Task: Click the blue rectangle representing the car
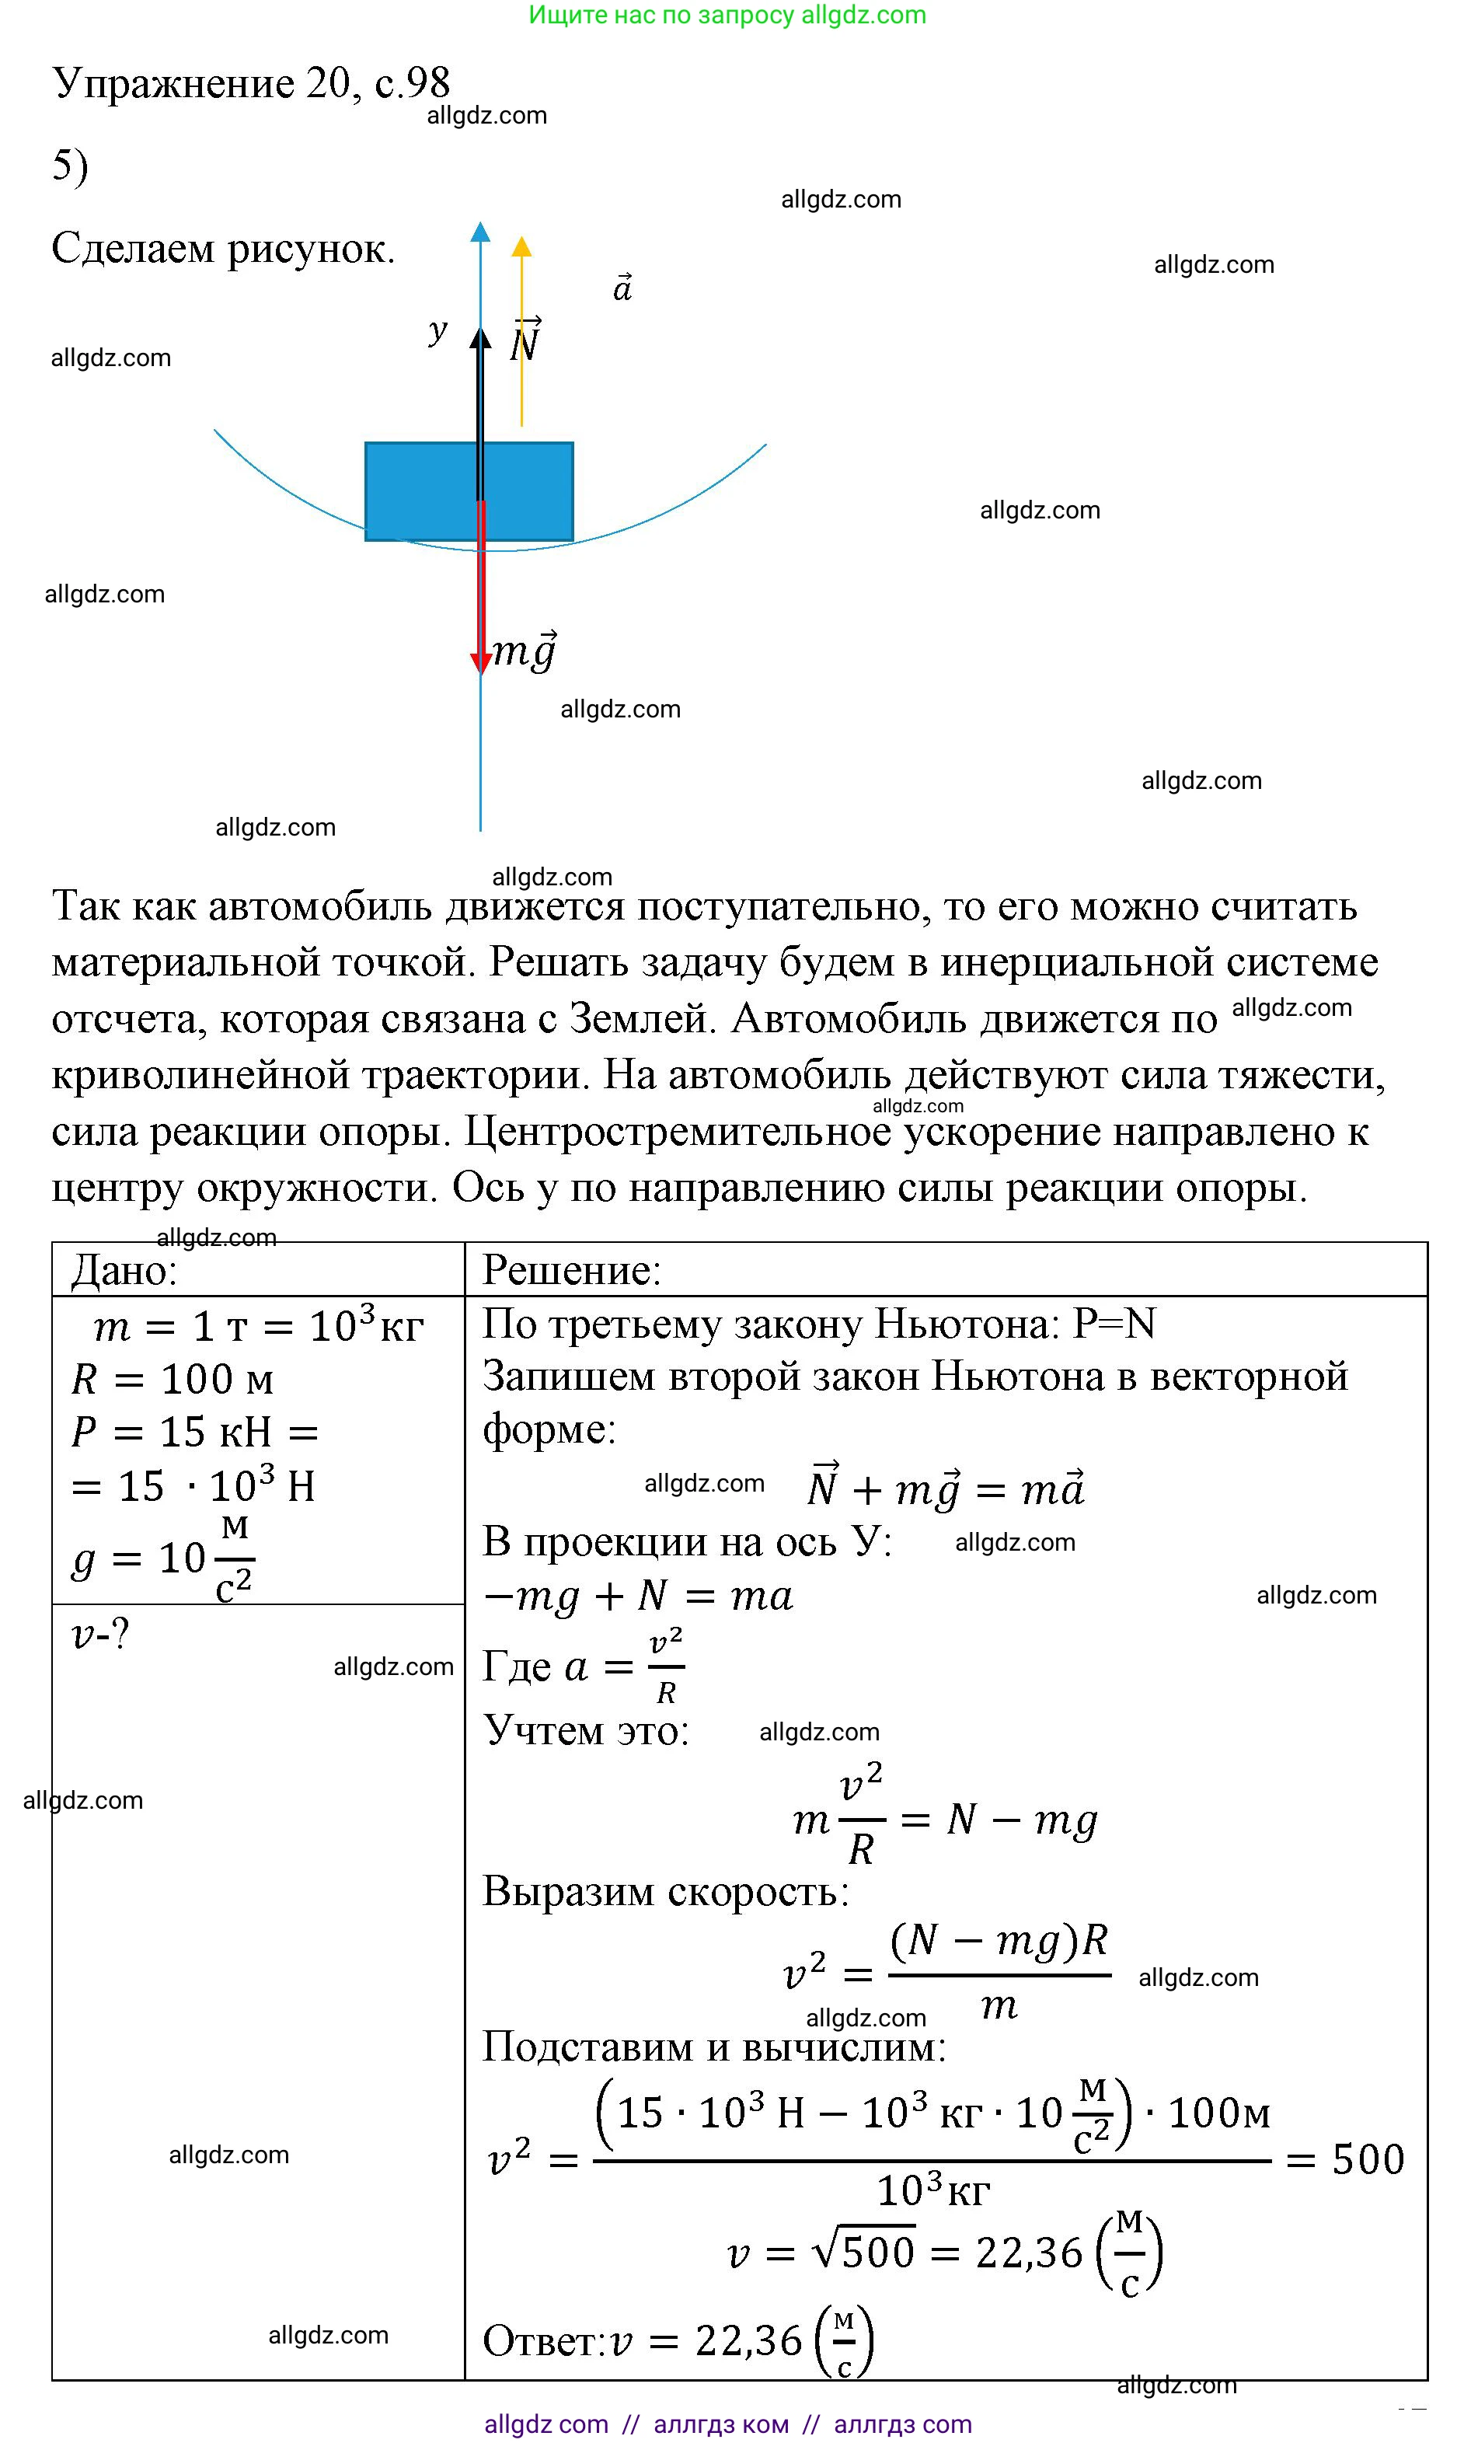[x=422, y=491]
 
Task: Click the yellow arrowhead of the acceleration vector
[x=521, y=246]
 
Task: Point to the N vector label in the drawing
[x=525, y=342]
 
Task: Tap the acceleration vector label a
[x=622, y=288]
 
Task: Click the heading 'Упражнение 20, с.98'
[x=250, y=82]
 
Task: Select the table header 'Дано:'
[x=124, y=1271]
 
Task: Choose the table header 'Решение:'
[x=571, y=1271]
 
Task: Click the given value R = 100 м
[x=173, y=1380]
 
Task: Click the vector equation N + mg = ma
[x=944, y=1488]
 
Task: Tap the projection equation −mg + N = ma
[x=638, y=1597]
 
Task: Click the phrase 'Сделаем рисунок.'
[x=223, y=249]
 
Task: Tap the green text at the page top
[x=727, y=15]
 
